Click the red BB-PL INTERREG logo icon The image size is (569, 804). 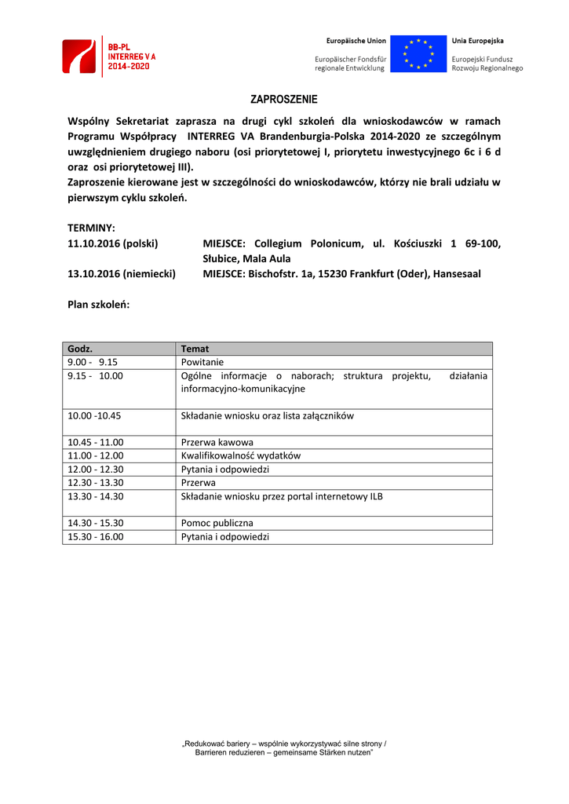[78, 57]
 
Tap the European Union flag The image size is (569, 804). [418, 54]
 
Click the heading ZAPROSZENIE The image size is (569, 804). [284, 100]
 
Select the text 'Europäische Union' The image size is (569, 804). [356, 41]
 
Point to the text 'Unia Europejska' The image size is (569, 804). [477, 41]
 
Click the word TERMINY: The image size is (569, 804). [91, 228]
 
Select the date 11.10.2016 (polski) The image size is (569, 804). [113, 243]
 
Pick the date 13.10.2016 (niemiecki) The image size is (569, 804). [122, 274]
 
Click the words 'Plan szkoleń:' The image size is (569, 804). [99, 305]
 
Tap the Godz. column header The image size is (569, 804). [80, 349]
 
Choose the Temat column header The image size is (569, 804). [195, 349]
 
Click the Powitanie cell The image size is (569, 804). [202, 363]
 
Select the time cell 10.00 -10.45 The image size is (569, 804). [94, 415]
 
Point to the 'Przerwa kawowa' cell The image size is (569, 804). [217, 442]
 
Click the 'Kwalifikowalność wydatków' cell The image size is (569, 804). [241, 455]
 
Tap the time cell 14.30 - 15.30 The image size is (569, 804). [96, 523]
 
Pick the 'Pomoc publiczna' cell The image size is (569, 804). [217, 523]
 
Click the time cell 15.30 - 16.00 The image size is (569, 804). [96, 537]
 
